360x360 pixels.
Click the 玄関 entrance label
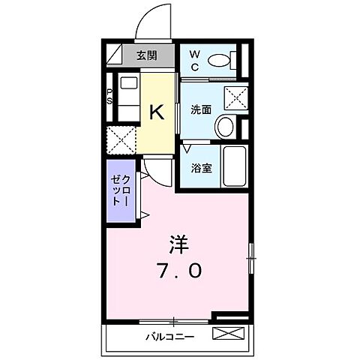click(148, 55)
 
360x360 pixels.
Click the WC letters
click(194, 60)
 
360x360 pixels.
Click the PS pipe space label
click(109, 97)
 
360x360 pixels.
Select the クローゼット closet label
click(120, 193)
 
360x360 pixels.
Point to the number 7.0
click(178, 270)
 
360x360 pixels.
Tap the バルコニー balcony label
click(169, 336)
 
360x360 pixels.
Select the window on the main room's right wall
click(250, 258)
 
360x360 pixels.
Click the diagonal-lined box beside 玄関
click(116, 55)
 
